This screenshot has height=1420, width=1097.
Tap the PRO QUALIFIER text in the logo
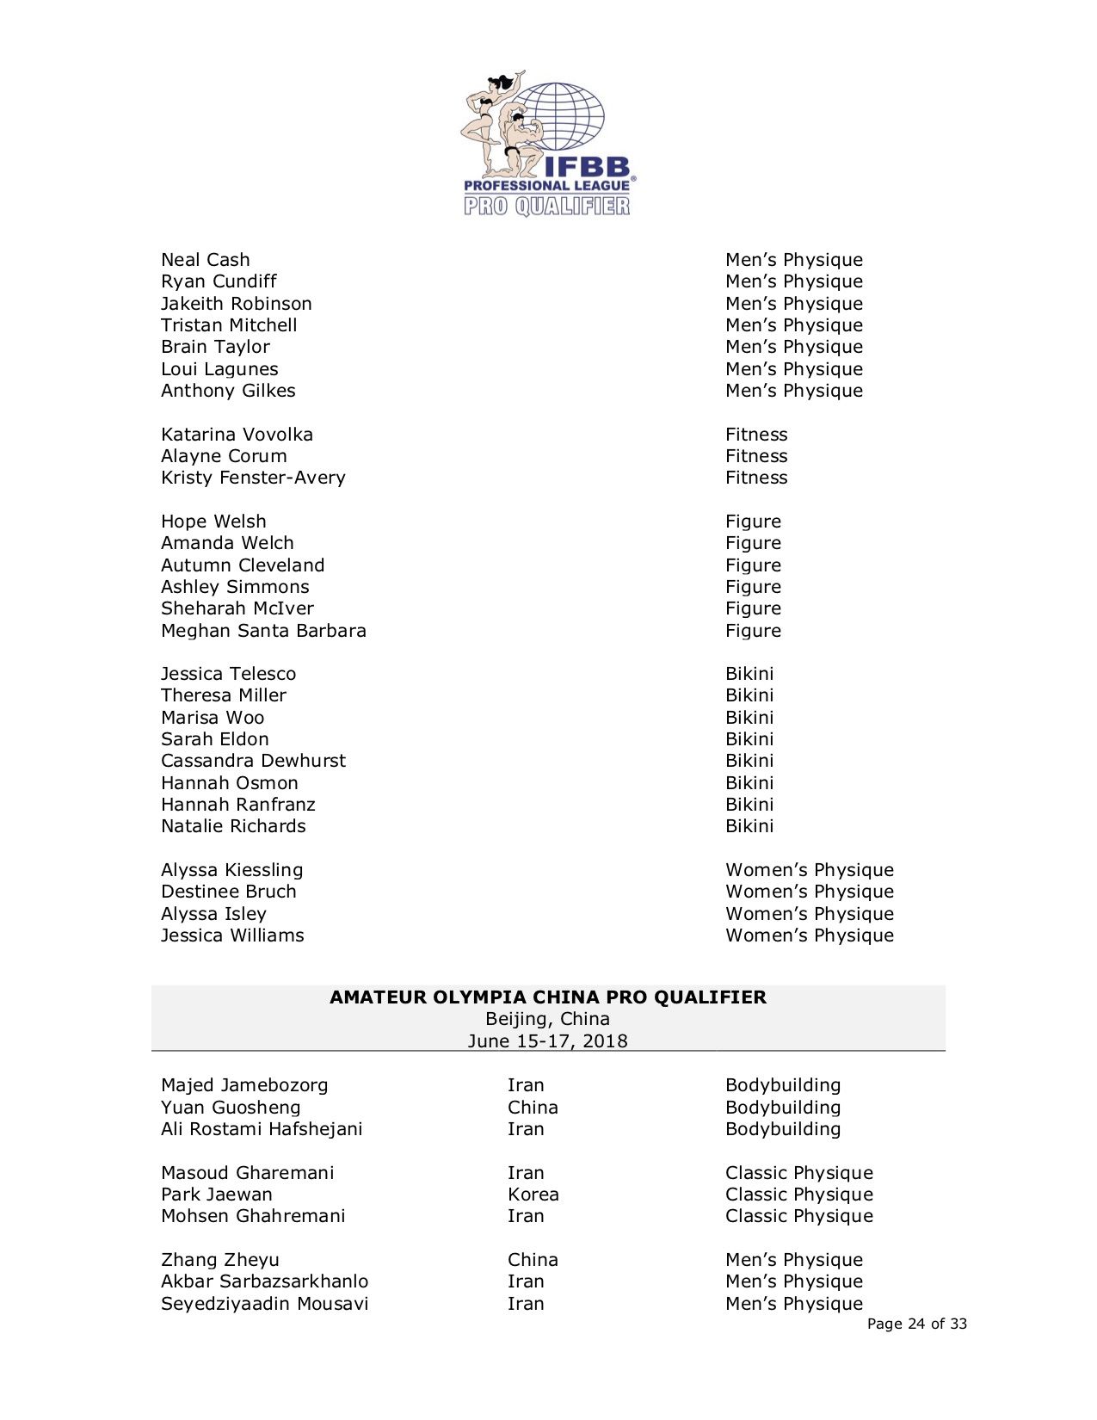pyautogui.click(x=547, y=206)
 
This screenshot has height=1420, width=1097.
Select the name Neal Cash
pyautogui.click(x=205, y=260)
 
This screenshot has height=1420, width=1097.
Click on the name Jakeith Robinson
pyautogui.click(x=236, y=304)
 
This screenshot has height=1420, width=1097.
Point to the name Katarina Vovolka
pyautogui.click(x=237, y=435)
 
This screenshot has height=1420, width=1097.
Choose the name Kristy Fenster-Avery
pyautogui.click(x=253, y=478)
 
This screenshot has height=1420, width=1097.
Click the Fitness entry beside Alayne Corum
pyautogui.click(x=755, y=456)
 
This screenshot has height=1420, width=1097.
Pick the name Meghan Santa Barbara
pyautogui.click(x=263, y=631)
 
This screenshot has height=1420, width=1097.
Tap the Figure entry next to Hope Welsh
pyautogui.click(x=753, y=522)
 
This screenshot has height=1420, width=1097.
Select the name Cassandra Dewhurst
pyautogui.click(x=253, y=761)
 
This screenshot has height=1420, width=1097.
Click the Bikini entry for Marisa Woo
pyautogui.click(x=749, y=718)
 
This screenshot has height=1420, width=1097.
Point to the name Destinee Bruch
pyautogui.click(x=228, y=892)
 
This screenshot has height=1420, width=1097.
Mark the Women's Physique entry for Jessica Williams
pyautogui.click(x=809, y=935)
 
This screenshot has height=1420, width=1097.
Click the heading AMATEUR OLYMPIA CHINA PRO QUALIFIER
pyautogui.click(x=548, y=997)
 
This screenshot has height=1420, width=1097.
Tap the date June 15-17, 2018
pyautogui.click(x=548, y=1041)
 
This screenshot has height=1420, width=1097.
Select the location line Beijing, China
pyautogui.click(x=548, y=1019)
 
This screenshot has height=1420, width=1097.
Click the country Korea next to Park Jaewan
pyautogui.click(x=533, y=1195)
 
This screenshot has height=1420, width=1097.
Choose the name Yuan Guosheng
pyautogui.click(x=231, y=1108)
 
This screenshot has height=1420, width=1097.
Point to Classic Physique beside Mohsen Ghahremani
pyautogui.click(x=798, y=1216)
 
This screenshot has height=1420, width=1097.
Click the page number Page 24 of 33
pyautogui.click(x=916, y=1324)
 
